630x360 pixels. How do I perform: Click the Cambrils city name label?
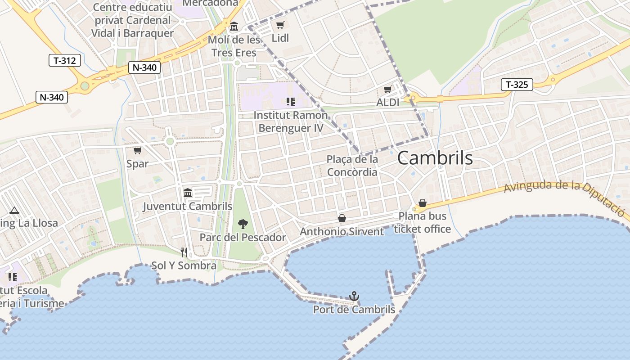pos(435,158)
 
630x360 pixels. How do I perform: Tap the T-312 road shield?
pos(65,60)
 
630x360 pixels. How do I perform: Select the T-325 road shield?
pos(517,84)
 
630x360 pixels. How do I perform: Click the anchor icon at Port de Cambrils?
pos(354,296)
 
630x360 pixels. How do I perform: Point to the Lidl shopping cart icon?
pos(280,25)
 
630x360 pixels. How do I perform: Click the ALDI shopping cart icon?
pos(387,90)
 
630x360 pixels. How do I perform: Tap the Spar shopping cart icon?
pos(137,150)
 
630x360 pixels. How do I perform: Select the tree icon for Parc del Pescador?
pos(243,224)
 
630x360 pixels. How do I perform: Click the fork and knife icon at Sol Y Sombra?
pos(184,252)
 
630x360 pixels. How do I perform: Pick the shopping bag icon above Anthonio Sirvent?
pos(342,218)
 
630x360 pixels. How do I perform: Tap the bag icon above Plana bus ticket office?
pos(422,203)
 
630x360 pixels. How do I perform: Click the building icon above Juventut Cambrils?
pos(188,193)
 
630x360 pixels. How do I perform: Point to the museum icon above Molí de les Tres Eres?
pos(234,27)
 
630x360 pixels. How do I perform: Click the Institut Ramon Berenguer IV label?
pos(291,121)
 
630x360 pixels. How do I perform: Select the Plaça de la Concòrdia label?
pos(352,166)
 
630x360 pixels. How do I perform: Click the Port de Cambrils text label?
pos(354,310)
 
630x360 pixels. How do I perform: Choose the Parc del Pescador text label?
pos(243,237)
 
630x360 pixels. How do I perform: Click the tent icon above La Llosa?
pos(14,210)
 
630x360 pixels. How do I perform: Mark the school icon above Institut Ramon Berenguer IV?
pos(290,102)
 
